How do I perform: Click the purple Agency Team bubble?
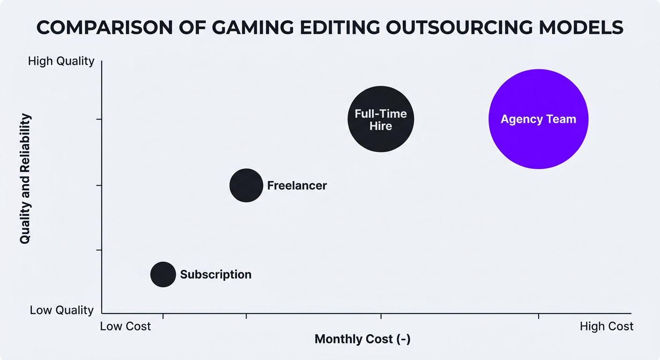coord(538,119)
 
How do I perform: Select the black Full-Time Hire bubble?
coord(381,119)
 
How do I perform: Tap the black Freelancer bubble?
coord(246,185)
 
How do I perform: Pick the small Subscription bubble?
coord(163,274)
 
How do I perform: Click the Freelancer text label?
coord(297,185)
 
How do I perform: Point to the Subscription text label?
coord(216,274)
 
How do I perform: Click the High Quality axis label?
coord(61,61)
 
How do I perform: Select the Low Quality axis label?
coord(62,310)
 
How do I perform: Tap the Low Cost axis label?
coord(126,326)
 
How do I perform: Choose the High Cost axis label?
coord(606,326)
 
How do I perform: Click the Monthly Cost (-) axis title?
coord(362,339)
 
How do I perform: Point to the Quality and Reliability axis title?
coord(25,178)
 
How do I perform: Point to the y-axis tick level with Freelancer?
coord(99,185)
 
